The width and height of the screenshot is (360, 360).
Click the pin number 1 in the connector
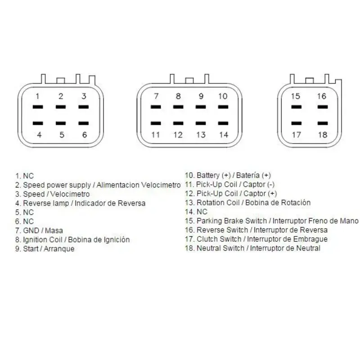pos(37,96)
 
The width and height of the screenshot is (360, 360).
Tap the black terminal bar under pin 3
pos(84,107)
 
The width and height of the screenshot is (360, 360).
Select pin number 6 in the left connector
pos(85,135)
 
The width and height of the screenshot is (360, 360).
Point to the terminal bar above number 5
pos(61,123)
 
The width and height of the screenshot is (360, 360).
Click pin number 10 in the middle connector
pos(223,96)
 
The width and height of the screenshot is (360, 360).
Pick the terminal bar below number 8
pos(178,107)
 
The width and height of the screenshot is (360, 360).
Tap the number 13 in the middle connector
pos(201,135)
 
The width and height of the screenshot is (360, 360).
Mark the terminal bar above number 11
pos(156,123)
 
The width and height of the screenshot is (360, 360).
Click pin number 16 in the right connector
pos(322,96)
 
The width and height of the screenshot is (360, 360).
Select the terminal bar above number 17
pos(297,123)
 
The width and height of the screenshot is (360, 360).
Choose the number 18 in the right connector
pos(323,135)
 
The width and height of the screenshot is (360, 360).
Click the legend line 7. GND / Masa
pos(39,230)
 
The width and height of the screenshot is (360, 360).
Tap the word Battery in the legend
pos(208,175)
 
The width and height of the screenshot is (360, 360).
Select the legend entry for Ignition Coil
pos(72,240)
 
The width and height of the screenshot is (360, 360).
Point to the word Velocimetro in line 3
pos(70,194)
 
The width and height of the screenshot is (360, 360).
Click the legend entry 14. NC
pos(196,211)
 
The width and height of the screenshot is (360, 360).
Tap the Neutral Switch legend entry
pos(252,248)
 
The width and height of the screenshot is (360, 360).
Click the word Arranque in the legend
pos(59,249)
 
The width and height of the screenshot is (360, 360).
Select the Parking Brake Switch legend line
pos(272,221)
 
